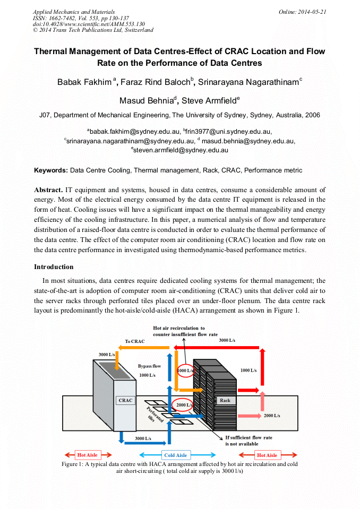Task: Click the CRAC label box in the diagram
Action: [125, 400]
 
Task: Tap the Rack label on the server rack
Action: [225, 400]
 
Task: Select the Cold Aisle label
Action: [176, 455]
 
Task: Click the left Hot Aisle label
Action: [88, 455]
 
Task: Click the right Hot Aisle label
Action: [267, 455]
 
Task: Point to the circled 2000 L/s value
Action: [184, 405]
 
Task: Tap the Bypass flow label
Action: [149, 366]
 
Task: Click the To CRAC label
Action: [135, 341]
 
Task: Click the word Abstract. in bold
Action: [48, 189]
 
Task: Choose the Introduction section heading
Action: [54, 266]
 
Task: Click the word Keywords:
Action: [51, 170]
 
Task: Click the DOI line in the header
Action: [89, 24]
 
